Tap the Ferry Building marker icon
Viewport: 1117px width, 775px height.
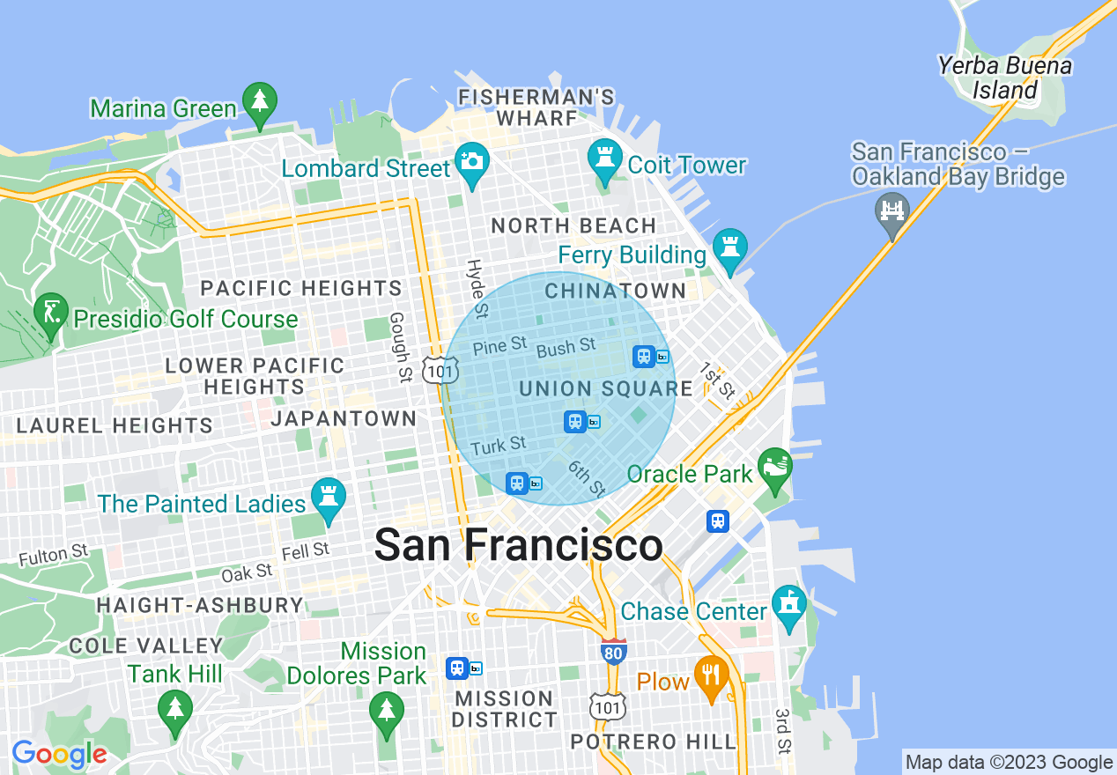point(729,249)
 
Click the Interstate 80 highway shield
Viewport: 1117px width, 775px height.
point(614,651)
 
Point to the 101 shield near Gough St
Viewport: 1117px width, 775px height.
point(440,371)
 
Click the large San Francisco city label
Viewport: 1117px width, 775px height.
point(518,545)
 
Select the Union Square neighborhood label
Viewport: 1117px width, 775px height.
point(606,388)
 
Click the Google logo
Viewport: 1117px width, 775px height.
point(59,755)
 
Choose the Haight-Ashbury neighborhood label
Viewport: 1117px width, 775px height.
point(200,606)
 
